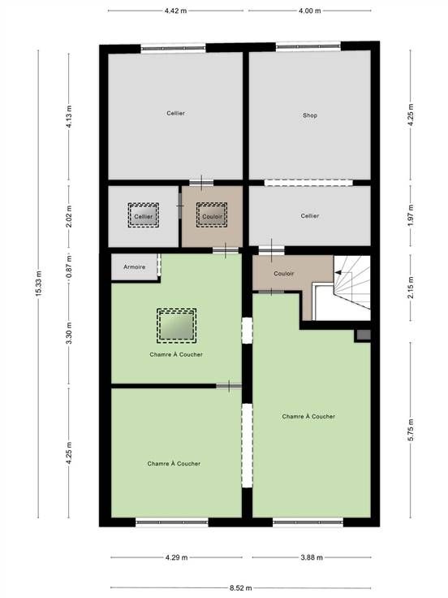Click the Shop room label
[x=310, y=115]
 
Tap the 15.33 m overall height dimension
[x=38, y=284]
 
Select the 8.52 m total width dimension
[x=241, y=587]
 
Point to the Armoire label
[x=135, y=267]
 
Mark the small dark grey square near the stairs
[x=363, y=336]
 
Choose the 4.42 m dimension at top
[x=175, y=11]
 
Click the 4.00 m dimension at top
[x=310, y=11]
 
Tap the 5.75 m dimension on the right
[x=411, y=430]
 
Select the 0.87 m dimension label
[x=69, y=267]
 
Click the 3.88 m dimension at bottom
[x=312, y=557]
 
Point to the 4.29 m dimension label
[x=176, y=557]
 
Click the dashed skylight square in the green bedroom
[x=176, y=325]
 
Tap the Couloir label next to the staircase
[x=284, y=274]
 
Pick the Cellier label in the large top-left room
[x=175, y=113]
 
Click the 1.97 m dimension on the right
[x=411, y=216]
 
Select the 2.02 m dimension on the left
[x=69, y=216]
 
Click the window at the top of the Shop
[x=308, y=46]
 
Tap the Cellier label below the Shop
[x=310, y=216]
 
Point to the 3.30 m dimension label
[x=69, y=333]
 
